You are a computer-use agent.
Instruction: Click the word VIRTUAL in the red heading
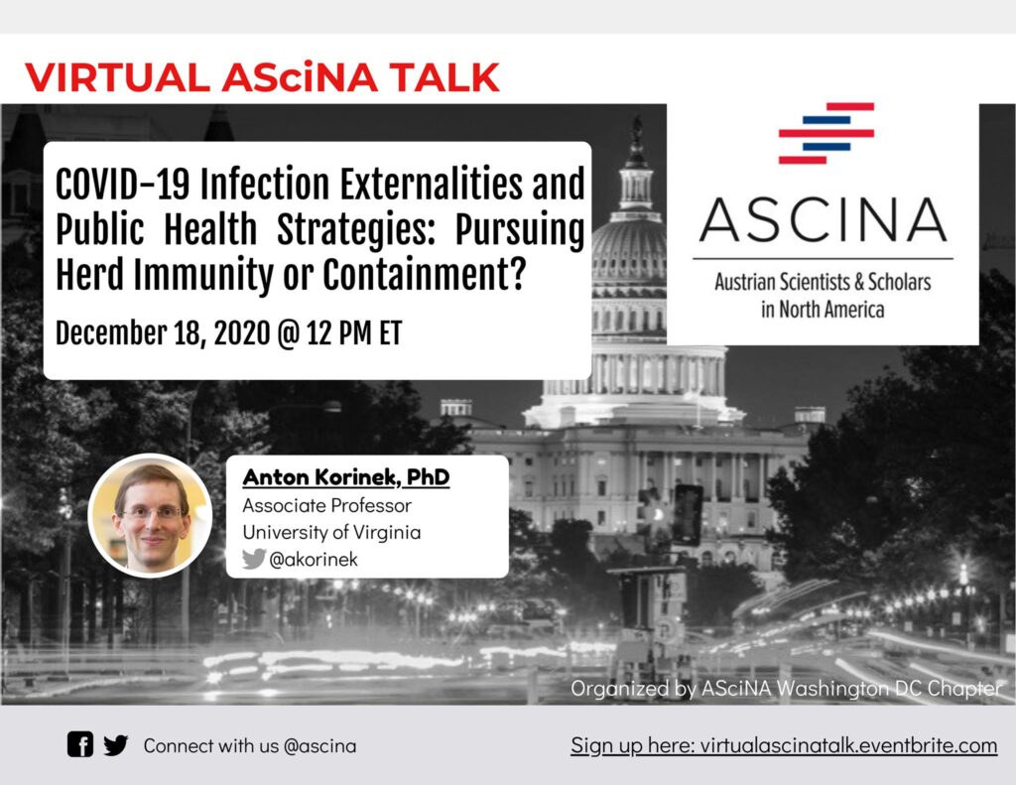pyautogui.click(x=117, y=77)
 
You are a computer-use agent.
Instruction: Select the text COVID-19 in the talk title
pyautogui.click(x=122, y=185)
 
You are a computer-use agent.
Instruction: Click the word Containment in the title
pyautogui.click(x=423, y=274)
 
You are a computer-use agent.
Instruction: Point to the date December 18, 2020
pyautogui.click(x=163, y=333)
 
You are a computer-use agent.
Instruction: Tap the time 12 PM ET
pyautogui.click(x=354, y=333)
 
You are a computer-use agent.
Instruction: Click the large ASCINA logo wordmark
pyautogui.click(x=823, y=219)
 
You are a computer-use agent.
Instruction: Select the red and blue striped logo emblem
pyautogui.click(x=826, y=133)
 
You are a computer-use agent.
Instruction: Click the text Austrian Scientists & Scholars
pyautogui.click(x=823, y=282)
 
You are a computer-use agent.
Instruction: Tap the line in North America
pyautogui.click(x=823, y=310)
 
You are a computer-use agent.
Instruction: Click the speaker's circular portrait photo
pyautogui.click(x=151, y=515)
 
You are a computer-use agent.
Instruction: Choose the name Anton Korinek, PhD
pyautogui.click(x=346, y=477)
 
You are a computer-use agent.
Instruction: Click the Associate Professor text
pyautogui.click(x=327, y=505)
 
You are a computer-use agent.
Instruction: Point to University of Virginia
pyautogui.click(x=331, y=532)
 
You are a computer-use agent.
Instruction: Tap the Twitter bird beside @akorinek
pyautogui.click(x=254, y=559)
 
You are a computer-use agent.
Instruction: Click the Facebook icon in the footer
pyautogui.click(x=80, y=745)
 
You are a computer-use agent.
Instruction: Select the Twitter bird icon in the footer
pyautogui.click(x=115, y=745)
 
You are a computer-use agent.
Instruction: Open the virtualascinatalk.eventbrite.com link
pyautogui.click(x=849, y=745)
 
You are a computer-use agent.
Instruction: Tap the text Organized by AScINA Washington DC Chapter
pyautogui.click(x=786, y=689)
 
